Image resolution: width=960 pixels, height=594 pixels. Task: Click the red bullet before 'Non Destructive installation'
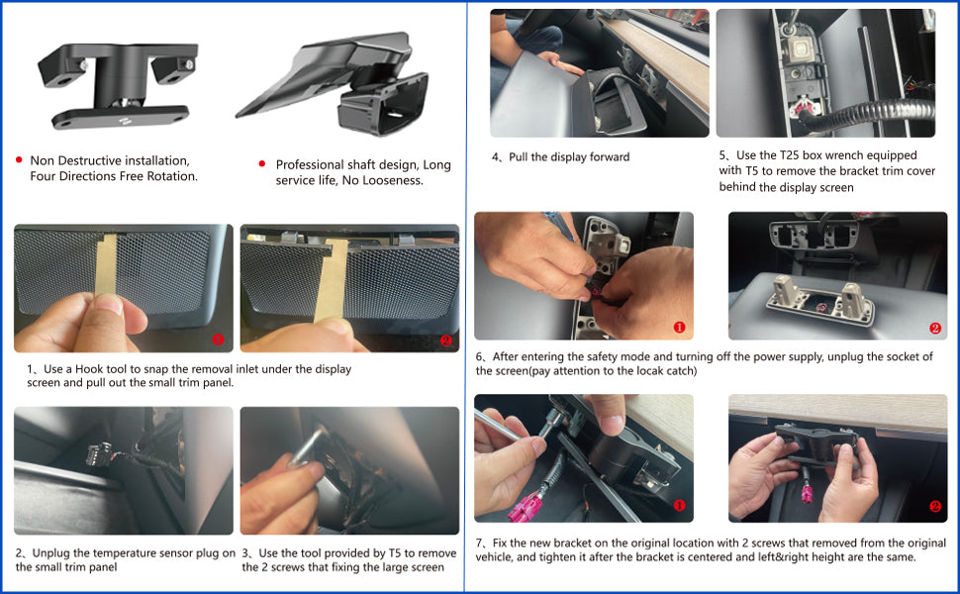coord(19,159)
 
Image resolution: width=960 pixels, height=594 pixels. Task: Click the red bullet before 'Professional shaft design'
coord(262,163)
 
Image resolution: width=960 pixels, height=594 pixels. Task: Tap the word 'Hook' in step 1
coord(89,369)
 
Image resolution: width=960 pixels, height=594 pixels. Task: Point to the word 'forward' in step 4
coord(609,156)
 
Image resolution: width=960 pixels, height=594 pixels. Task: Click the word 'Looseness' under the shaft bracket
coord(392,180)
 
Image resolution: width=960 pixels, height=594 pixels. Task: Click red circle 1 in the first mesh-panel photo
coord(218,340)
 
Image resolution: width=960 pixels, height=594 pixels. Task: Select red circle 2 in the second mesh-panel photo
coord(445,341)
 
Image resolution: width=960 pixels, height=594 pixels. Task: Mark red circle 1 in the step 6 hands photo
coord(679,328)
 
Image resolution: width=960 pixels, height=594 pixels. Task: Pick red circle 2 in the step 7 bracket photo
coord(935,507)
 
